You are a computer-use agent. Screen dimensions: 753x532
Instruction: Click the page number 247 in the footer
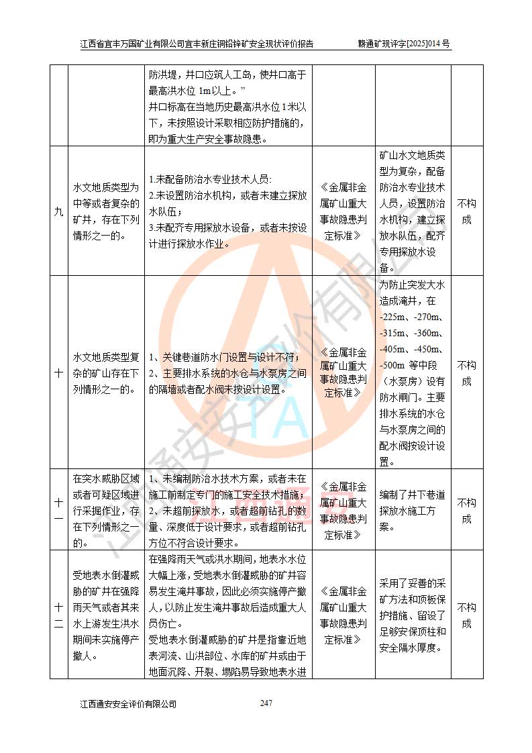click(x=266, y=703)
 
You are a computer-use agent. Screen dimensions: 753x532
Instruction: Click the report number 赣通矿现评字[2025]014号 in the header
click(x=405, y=44)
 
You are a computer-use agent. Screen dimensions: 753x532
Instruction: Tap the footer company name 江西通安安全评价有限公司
click(x=128, y=704)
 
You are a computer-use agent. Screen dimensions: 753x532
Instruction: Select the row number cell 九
click(x=59, y=211)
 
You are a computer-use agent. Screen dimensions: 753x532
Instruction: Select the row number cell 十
click(x=59, y=373)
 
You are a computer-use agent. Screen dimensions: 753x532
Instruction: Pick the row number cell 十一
click(x=59, y=510)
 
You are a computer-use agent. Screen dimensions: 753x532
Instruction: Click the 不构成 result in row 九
click(x=466, y=211)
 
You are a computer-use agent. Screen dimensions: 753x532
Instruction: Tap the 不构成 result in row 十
click(x=466, y=373)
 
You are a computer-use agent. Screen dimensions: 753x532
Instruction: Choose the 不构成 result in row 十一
click(x=466, y=510)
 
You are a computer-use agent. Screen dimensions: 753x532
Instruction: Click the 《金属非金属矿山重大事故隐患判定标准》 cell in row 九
click(x=343, y=211)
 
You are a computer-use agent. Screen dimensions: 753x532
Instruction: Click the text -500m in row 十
click(x=392, y=365)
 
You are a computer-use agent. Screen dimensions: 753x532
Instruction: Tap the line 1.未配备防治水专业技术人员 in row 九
click(x=209, y=179)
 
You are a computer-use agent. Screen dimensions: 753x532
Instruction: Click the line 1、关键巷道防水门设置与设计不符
click(x=224, y=356)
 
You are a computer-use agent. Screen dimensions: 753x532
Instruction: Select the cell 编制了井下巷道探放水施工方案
click(x=412, y=510)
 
